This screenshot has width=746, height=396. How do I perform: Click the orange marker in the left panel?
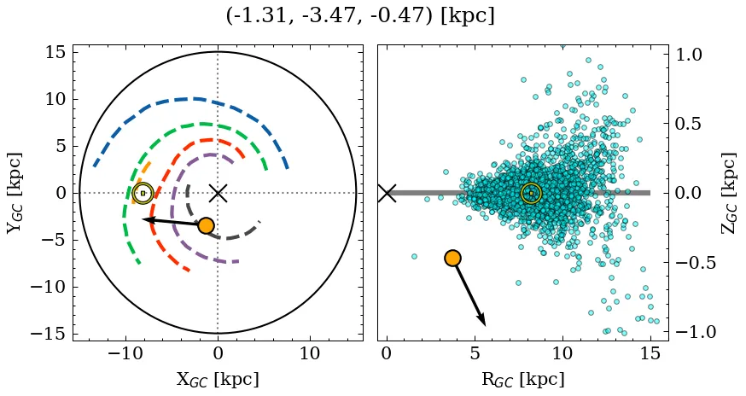pyautogui.click(x=206, y=225)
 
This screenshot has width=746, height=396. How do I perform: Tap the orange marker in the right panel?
pyautogui.click(x=452, y=258)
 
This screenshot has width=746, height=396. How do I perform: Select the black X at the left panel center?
pyautogui.click(x=218, y=193)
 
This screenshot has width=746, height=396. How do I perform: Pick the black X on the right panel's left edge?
pyautogui.click(x=387, y=193)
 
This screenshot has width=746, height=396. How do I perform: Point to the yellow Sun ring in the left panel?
pyautogui.click(x=143, y=193)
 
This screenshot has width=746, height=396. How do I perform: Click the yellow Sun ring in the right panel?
pyautogui.click(x=531, y=194)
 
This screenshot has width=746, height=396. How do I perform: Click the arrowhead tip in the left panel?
pyautogui.click(x=143, y=219)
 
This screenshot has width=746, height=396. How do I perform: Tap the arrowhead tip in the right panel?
pyautogui.click(x=485, y=324)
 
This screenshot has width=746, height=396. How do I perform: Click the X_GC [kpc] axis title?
pyautogui.click(x=218, y=380)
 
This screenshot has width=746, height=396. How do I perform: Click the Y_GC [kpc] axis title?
pyautogui.click(x=15, y=193)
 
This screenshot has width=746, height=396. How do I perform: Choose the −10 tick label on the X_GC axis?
pyautogui.click(x=126, y=352)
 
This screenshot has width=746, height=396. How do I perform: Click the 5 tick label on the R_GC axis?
pyautogui.click(x=475, y=352)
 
